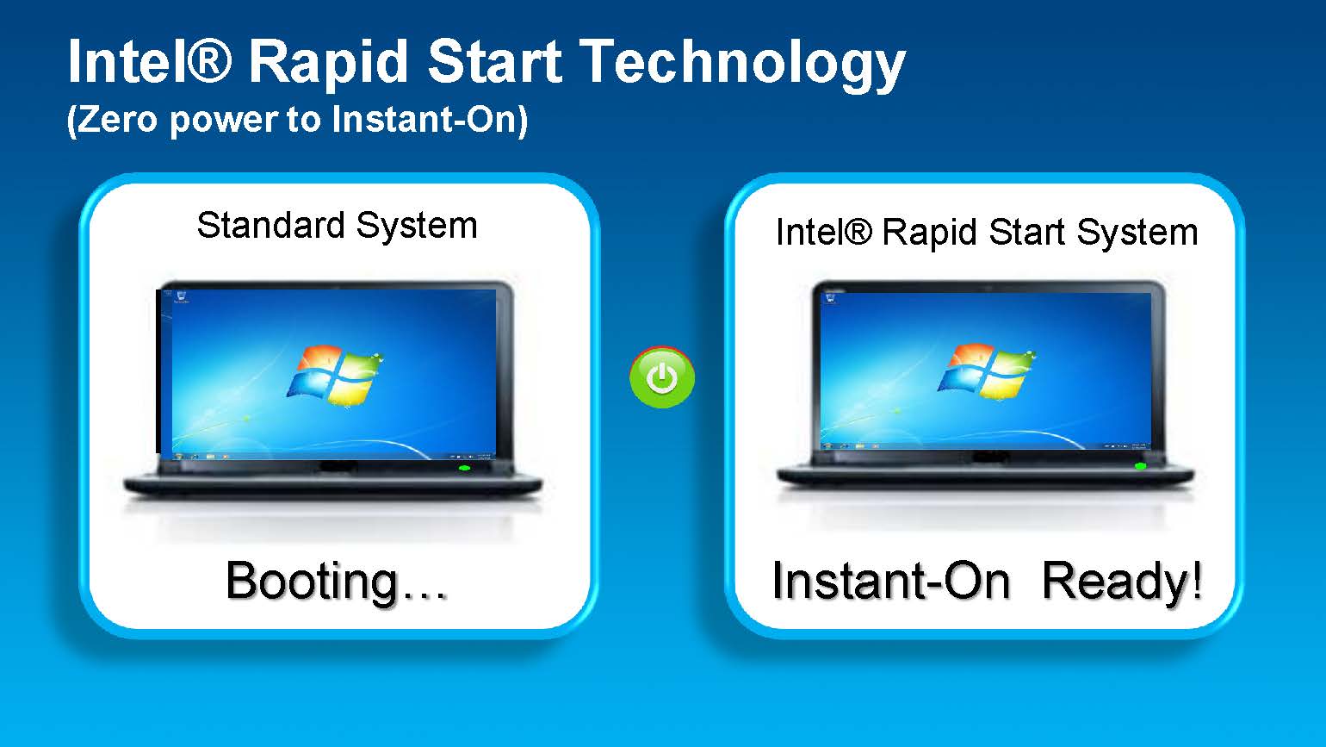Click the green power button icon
[662, 377]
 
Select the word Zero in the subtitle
[116, 119]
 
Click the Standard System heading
[337, 226]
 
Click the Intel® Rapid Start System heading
[987, 232]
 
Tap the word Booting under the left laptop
[312, 582]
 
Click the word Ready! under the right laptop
[1122, 581]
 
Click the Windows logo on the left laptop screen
[335, 376]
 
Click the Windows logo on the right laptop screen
[986, 371]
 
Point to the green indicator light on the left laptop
[465, 468]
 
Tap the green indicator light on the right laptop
[1140, 466]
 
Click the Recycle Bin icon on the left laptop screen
[181, 296]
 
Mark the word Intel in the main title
[127, 61]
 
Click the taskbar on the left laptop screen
[333, 456]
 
